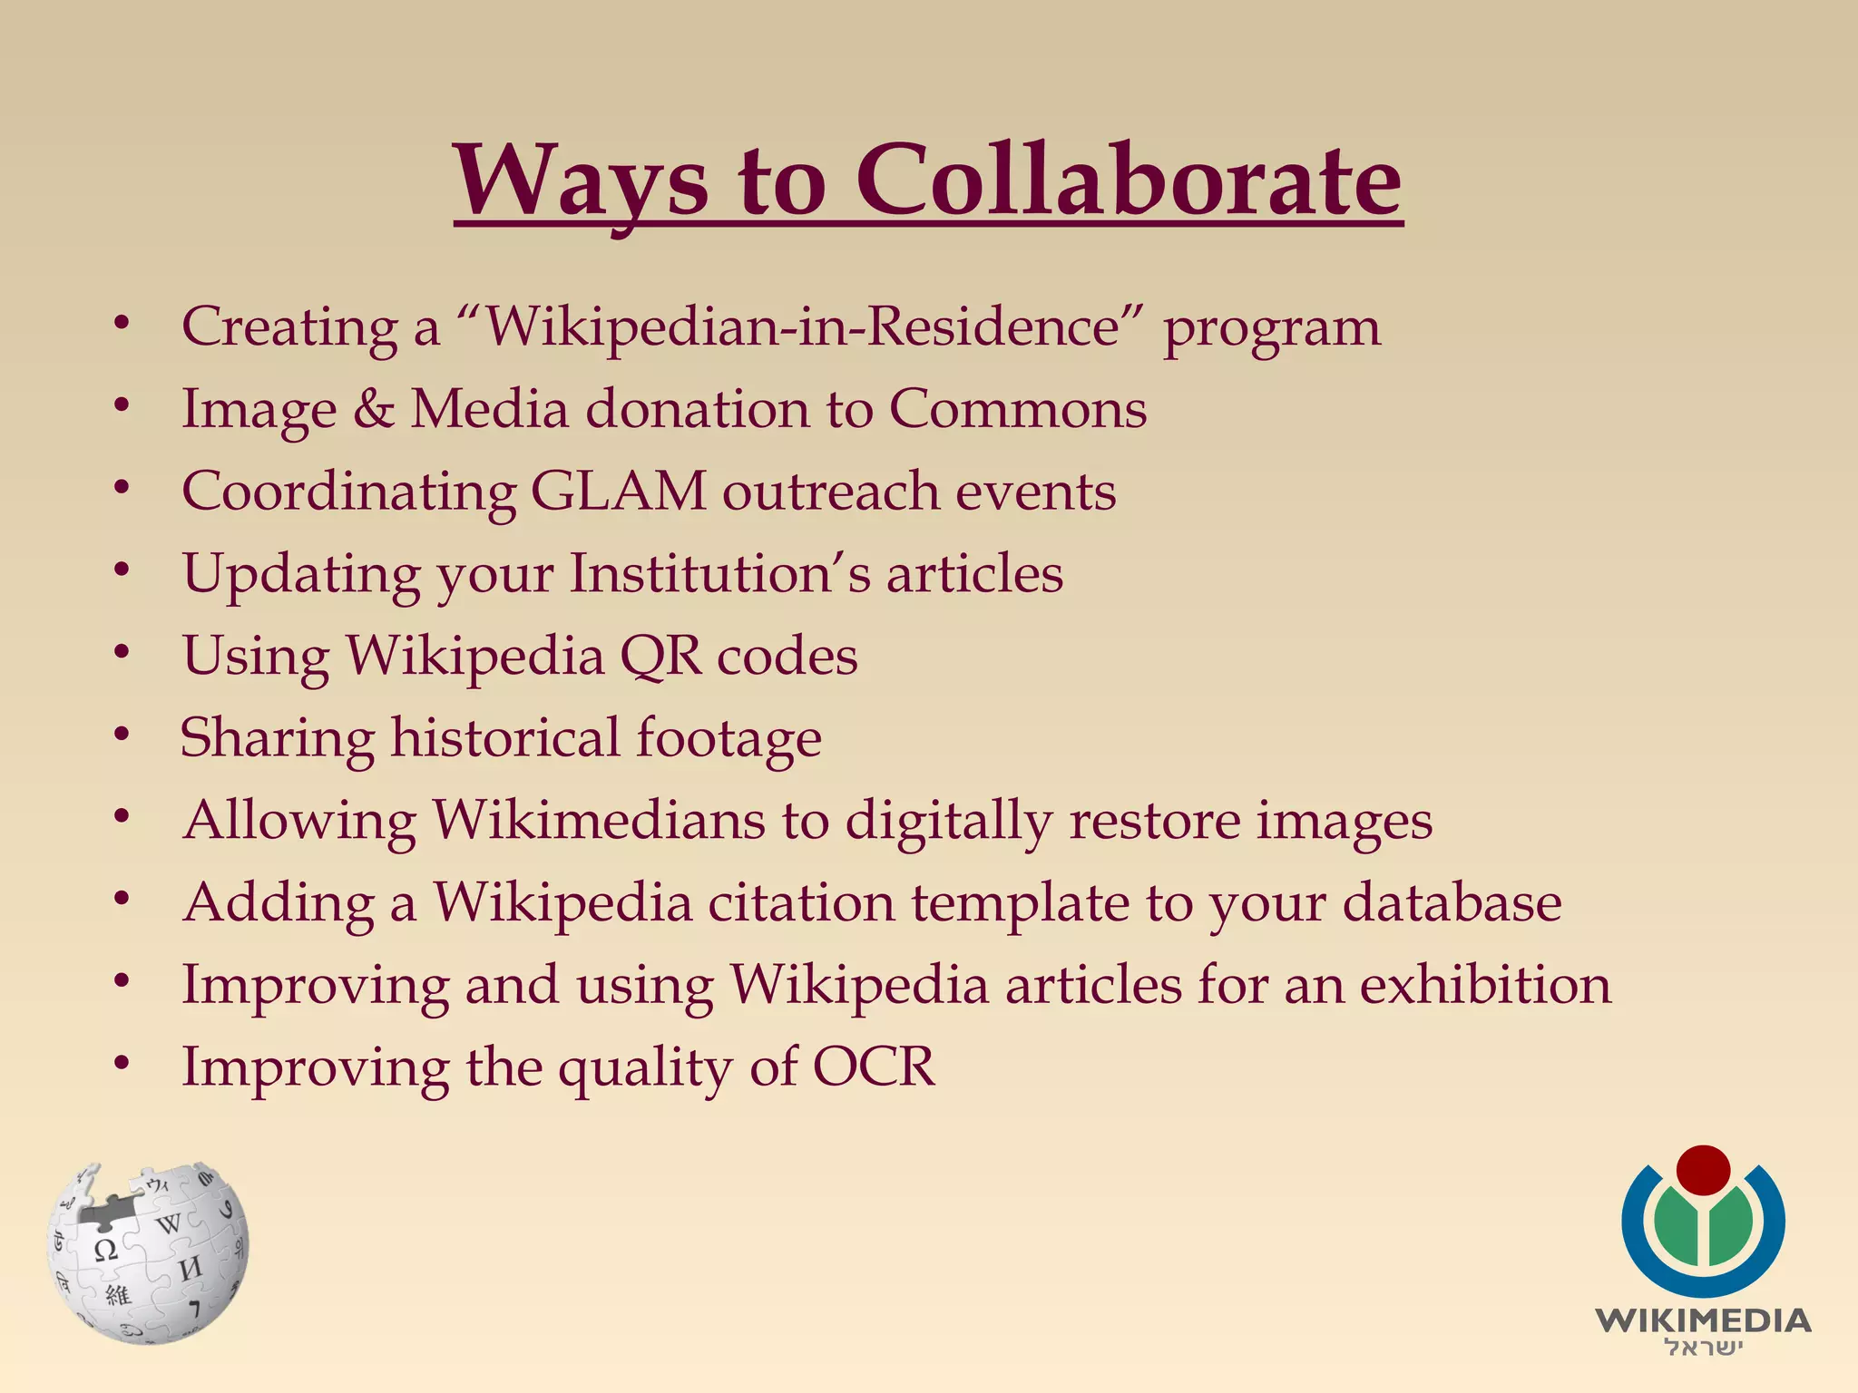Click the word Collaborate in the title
pos(1129,181)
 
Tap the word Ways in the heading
pos(581,181)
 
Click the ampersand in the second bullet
pos(373,409)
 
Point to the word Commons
pos(1017,409)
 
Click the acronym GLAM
pos(618,492)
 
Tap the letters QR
pos(660,656)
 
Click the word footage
pos(729,738)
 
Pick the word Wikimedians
pos(598,821)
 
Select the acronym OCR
pos(873,1067)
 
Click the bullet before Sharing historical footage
pos(122,735)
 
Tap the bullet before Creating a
pos(122,323)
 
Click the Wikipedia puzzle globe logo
pos(147,1252)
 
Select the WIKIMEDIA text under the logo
pos(1703,1320)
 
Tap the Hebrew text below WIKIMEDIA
pos(1703,1348)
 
